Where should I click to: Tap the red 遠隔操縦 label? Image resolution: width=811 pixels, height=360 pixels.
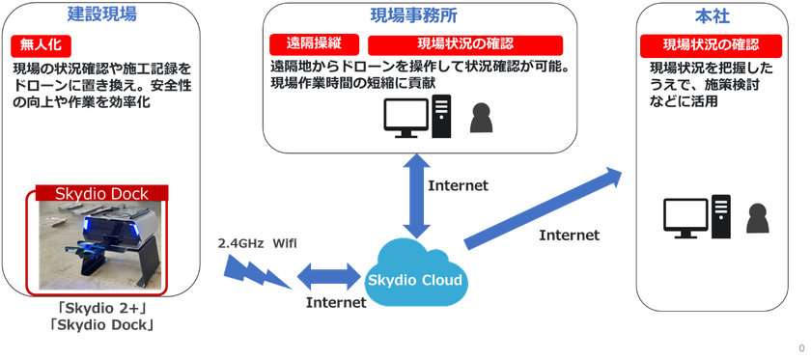pyautogui.click(x=315, y=45)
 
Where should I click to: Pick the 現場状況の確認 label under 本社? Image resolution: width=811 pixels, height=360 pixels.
pyautogui.click(x=711, y=45)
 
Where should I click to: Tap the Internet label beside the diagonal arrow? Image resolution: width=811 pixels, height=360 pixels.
pyautogui.click(x=569, y=235)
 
